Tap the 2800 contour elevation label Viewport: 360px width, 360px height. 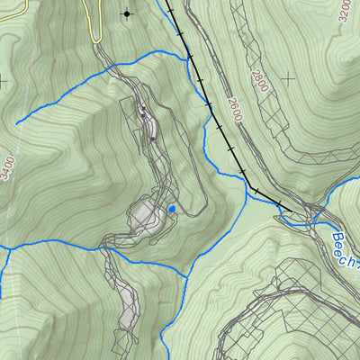click(260, 80)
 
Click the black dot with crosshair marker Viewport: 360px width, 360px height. click(126, 13)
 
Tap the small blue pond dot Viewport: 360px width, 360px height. click(171, 210)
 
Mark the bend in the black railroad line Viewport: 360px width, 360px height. click(254, 189)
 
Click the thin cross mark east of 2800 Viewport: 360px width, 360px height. click(288, 79)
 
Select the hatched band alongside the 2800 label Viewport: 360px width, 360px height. click(270, 99)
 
